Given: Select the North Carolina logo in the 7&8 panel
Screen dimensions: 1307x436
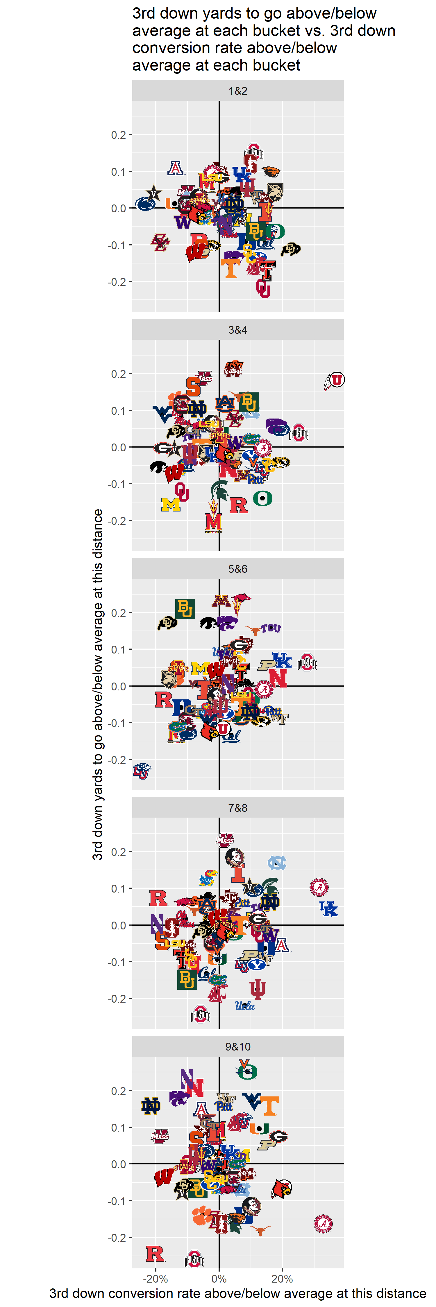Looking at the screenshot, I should (277, 863).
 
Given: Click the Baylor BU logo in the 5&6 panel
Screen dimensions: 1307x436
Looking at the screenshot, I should (185, 608).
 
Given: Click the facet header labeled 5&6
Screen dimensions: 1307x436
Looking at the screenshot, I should (237, 569).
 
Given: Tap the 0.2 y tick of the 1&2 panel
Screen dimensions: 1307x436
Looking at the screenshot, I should (118, 135).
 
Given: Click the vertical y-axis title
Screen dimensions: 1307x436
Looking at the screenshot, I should (97, 685).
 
